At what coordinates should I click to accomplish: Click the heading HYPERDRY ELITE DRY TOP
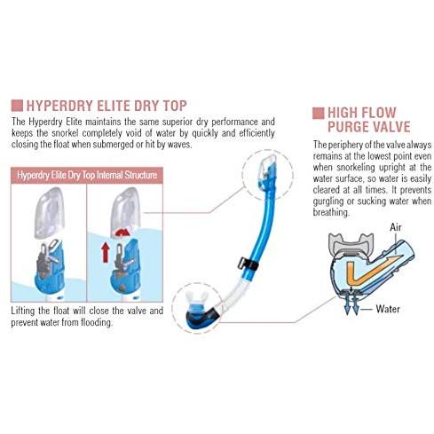point(107,106)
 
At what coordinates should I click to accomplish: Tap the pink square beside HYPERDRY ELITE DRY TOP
point(17,106)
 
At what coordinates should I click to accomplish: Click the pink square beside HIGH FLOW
point(318,113)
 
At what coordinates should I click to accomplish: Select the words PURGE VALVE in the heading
point(369,127)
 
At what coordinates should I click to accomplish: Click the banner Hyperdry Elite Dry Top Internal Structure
point(87,175)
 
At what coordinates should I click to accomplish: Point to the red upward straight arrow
point(106,252)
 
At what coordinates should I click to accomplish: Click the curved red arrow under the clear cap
point(122,233)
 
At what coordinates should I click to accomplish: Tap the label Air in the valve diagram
point(396,227)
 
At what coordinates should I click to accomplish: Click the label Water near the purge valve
point(388,309)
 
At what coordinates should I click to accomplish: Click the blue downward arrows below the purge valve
point(351,304)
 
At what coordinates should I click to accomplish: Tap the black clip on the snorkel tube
point(248,264)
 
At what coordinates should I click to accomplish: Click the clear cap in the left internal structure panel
point(50,212)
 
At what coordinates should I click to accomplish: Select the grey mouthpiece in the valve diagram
point(351,244)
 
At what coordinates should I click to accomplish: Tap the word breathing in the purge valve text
point(331,212)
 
